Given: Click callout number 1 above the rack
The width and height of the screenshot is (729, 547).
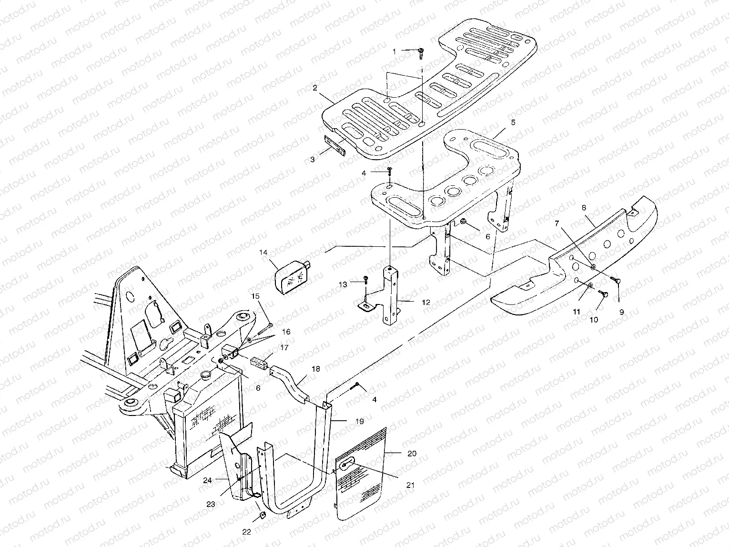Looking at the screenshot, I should tap(394, 51).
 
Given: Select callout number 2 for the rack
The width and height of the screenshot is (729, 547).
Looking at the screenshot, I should tap(315, 88).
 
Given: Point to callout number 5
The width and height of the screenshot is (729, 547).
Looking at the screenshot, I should tap(513, 122).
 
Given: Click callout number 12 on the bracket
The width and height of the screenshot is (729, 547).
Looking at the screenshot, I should tap(425, 302).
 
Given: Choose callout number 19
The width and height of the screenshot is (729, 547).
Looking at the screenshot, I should tap(359, 421).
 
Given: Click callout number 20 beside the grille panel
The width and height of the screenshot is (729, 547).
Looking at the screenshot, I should tap(412, 454).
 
